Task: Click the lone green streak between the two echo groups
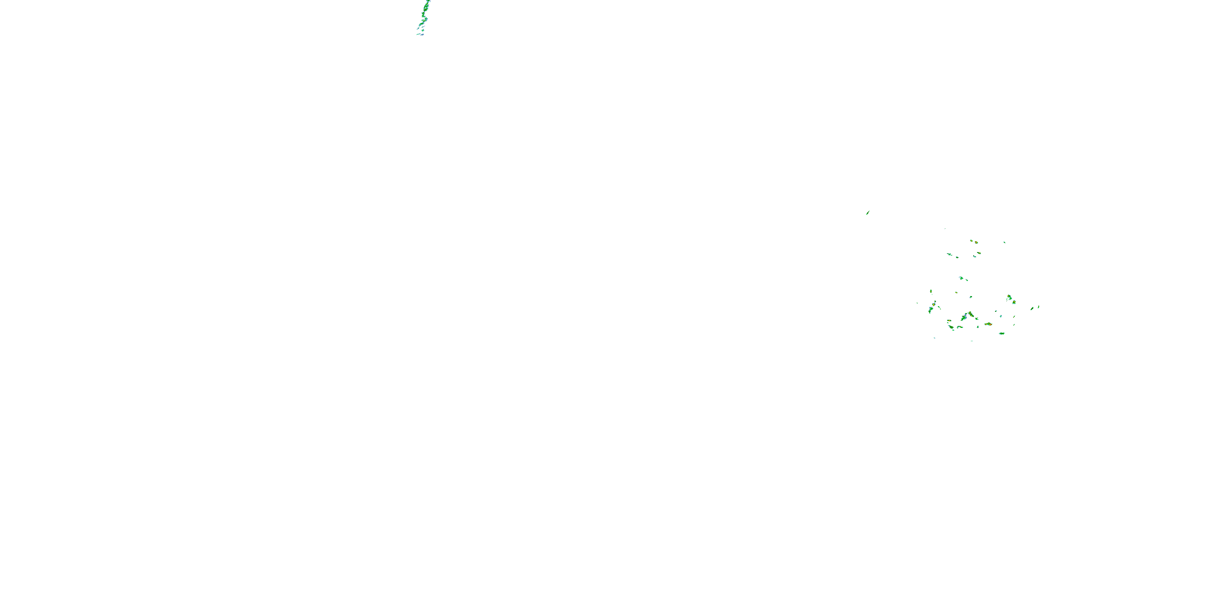tap(868, 212)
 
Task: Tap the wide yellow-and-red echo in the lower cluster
tap(989, 324)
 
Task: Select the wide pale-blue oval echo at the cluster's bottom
tap(1002, 334)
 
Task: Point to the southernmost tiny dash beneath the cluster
tap(972, 341)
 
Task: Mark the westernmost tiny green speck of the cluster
tap(917, 303)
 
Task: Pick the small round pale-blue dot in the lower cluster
tap(1001, 316)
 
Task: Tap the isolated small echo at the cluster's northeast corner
tap(1005, 242)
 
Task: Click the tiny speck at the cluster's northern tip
tap(945, 229)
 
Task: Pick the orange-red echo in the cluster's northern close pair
tap(976, 242)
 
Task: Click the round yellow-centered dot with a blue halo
tap(934, 305)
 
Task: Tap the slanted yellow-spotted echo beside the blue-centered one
tap(971, 314)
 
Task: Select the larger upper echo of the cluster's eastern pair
tap(1009, 297)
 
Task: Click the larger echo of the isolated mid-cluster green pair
tap(962, 278)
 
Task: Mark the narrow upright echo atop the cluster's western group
tap(931, 291)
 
